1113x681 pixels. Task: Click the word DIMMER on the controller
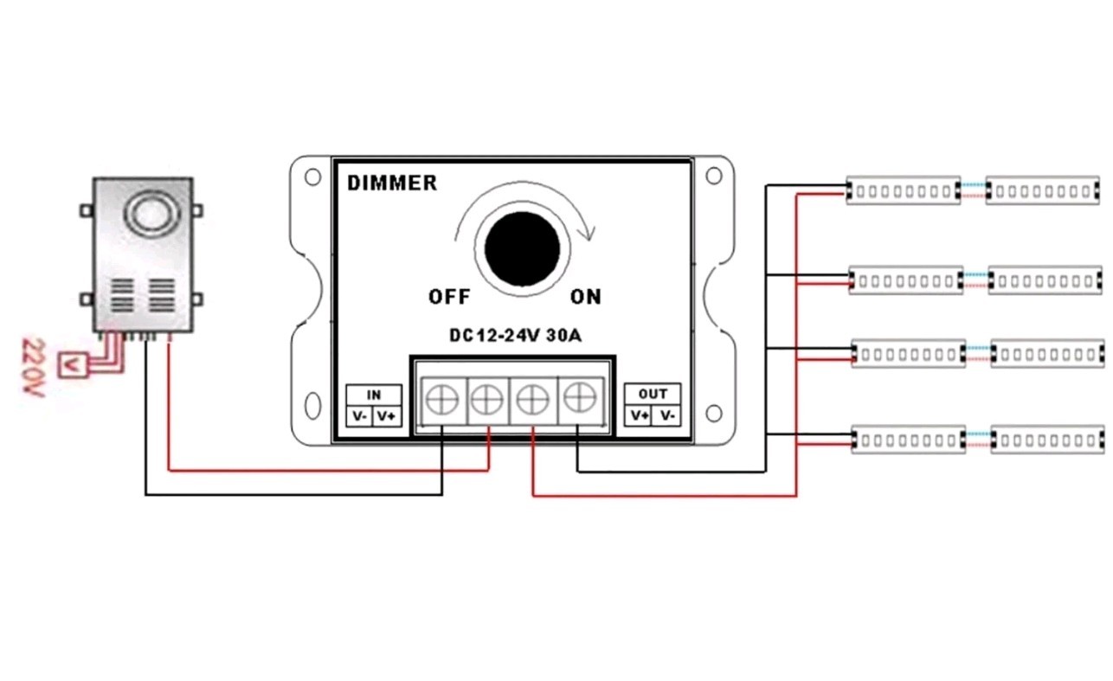(392, 183)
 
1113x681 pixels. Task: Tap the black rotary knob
(522, 249)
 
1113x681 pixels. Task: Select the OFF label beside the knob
(449, 297)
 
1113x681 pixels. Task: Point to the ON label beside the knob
(586, 297)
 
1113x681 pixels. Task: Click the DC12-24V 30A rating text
(515, 335)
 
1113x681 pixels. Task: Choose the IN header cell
(374, 395)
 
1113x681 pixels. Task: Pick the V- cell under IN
(360, 416)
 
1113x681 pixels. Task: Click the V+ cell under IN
(387, 416)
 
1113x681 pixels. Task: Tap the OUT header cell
(653, 394)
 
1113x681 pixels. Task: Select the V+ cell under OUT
(639, 415)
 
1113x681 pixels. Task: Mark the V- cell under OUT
(666, 415)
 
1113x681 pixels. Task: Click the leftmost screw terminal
(442, 400)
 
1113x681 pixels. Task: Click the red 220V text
(34, 368)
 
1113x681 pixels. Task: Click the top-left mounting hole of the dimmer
(312, 177)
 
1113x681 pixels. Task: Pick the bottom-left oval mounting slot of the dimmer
(312, 405)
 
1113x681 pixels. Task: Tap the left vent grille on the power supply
(122, 296)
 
